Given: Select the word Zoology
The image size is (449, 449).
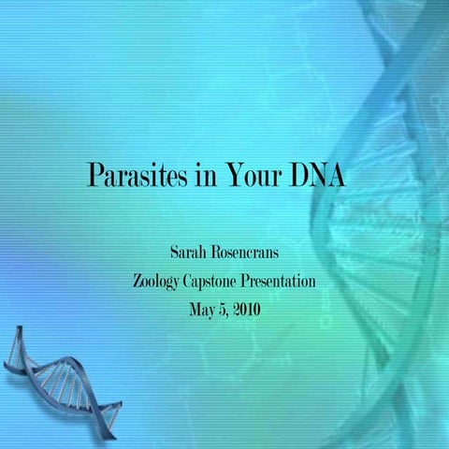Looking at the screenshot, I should point(162,281).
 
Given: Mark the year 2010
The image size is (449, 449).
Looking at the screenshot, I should point(246,308).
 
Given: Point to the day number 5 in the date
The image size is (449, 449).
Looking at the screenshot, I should point(223,308).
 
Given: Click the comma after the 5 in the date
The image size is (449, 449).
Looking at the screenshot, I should point(228,312).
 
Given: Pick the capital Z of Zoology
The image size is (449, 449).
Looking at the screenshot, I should point(140,280).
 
